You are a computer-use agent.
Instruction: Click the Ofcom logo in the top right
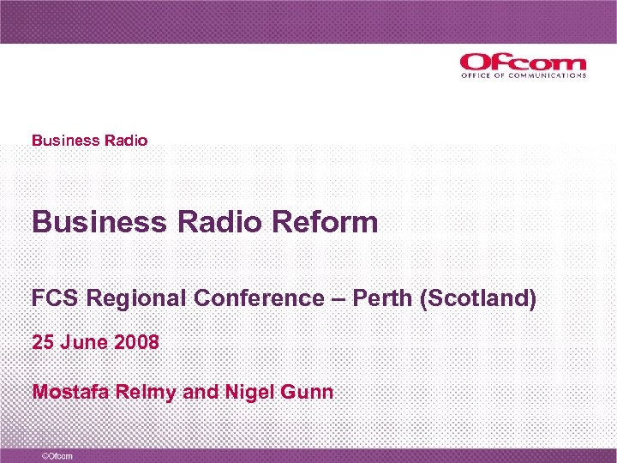pyautogui.click(x=522, y=62)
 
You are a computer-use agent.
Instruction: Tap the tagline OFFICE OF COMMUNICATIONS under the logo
pyautogui.click(x=523, y=75)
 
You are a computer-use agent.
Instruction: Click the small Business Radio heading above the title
pyautogui.click(x=89, y=140)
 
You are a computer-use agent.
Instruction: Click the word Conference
pyautogui.click(x=258, y=298)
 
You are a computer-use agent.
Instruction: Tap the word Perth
pyautogui.click(x=382, y=298)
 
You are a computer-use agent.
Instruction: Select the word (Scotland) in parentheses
pyautogui.click(x=477, y=298)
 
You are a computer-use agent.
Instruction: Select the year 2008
pyautogui.click(x=135, y=343)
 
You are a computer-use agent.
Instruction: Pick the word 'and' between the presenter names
pyautogui.click(x=201, y=393)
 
